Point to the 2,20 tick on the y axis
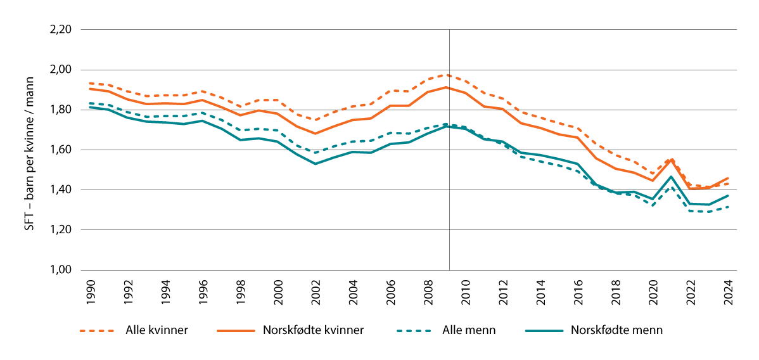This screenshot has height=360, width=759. [x=61, y=30]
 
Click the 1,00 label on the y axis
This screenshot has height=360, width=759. [x=61, y=271]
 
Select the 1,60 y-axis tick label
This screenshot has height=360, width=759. [x=61, y=150]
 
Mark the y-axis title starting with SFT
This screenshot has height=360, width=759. [x=29, y=150]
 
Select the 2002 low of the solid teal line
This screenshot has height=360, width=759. [x=315, y=164]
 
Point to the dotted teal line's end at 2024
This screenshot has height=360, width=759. [x=728, y=207]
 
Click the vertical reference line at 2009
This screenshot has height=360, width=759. [x=449, y=190]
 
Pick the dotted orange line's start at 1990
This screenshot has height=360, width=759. [x=90, y=83]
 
